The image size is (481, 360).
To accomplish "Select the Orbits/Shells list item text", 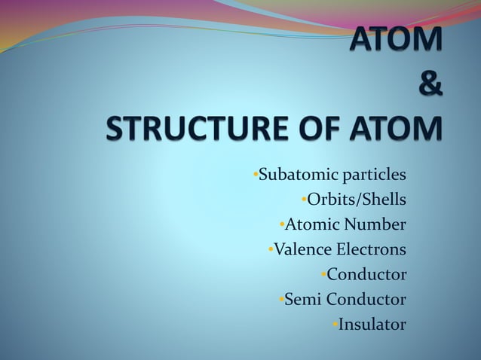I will [x=356, y=200].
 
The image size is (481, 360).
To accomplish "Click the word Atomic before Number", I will [x=312, y=224].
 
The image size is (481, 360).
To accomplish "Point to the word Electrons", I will [x=372, y=249].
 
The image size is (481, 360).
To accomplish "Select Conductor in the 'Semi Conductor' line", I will [x=366, y=299].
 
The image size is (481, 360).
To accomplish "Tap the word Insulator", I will [x=372, y=325].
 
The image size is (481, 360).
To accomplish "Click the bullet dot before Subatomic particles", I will [x=256, y=175].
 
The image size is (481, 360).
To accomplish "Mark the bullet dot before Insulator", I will [x=334, y=325].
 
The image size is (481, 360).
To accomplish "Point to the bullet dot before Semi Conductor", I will [x=280, y=299].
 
